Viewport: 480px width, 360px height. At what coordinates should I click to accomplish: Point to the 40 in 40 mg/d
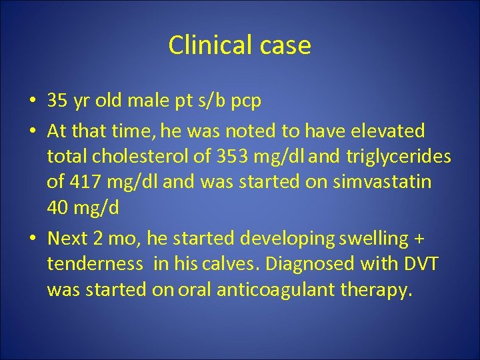[x=59, y=208]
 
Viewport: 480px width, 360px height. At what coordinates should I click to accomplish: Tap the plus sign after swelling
[x=419, y=239]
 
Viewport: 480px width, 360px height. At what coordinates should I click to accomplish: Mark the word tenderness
[x=95, y=264]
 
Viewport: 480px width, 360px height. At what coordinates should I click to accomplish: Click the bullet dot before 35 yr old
[x=32, y=101]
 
